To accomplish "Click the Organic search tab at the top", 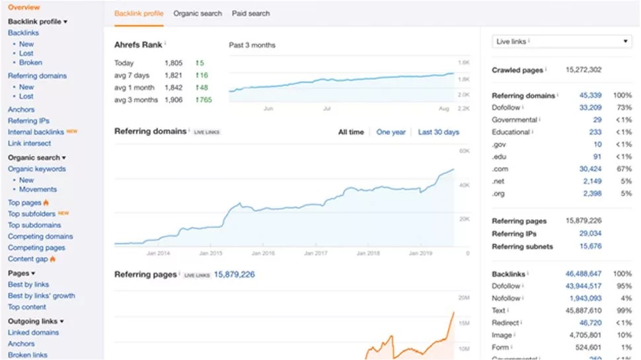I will pos(198,13).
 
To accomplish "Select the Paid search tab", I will pos(251,13).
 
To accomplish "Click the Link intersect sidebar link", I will pos(29,143).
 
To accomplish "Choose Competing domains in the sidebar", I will pos(40,236).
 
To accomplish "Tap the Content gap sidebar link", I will pos(28,259).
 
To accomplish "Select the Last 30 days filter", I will pos(438,132).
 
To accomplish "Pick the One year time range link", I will pos(391,132).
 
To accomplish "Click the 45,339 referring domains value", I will pos(590,96).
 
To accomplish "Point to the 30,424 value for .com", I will pos(590,169).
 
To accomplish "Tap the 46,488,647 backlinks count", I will pos(583,273).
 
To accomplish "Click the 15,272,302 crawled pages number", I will pos(584,70).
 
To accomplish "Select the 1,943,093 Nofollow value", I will pos(585,298).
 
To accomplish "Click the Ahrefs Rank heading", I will pos(139,44).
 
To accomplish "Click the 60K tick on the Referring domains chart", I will pos(464,151).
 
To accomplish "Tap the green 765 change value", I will pos(205,100).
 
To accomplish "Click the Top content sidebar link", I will pos(27,307).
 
